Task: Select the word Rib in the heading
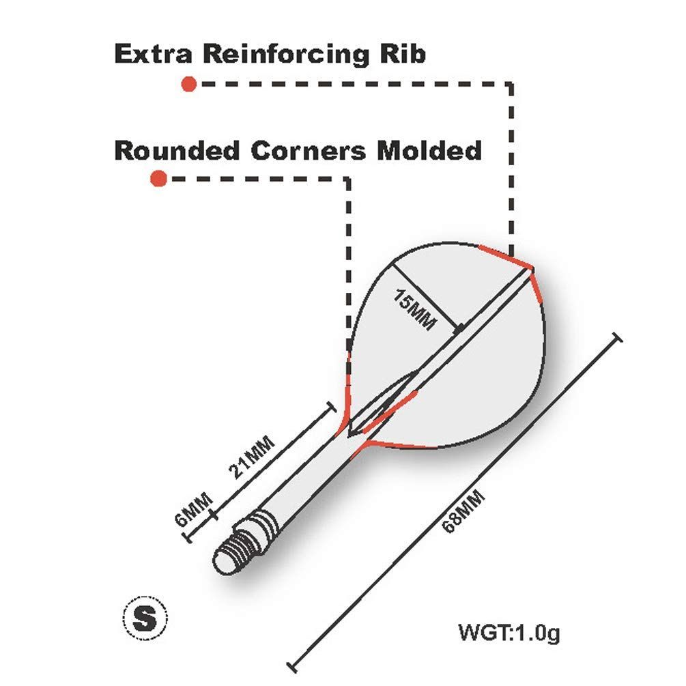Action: coord(403,53)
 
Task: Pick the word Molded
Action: coord(430,150)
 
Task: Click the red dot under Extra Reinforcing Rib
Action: coord(189,84)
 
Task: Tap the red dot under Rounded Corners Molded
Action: coord(159,179)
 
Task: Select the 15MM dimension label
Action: coord(414,309)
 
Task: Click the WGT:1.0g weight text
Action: coord(509,633)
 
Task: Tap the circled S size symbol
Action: coord(145,618)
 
